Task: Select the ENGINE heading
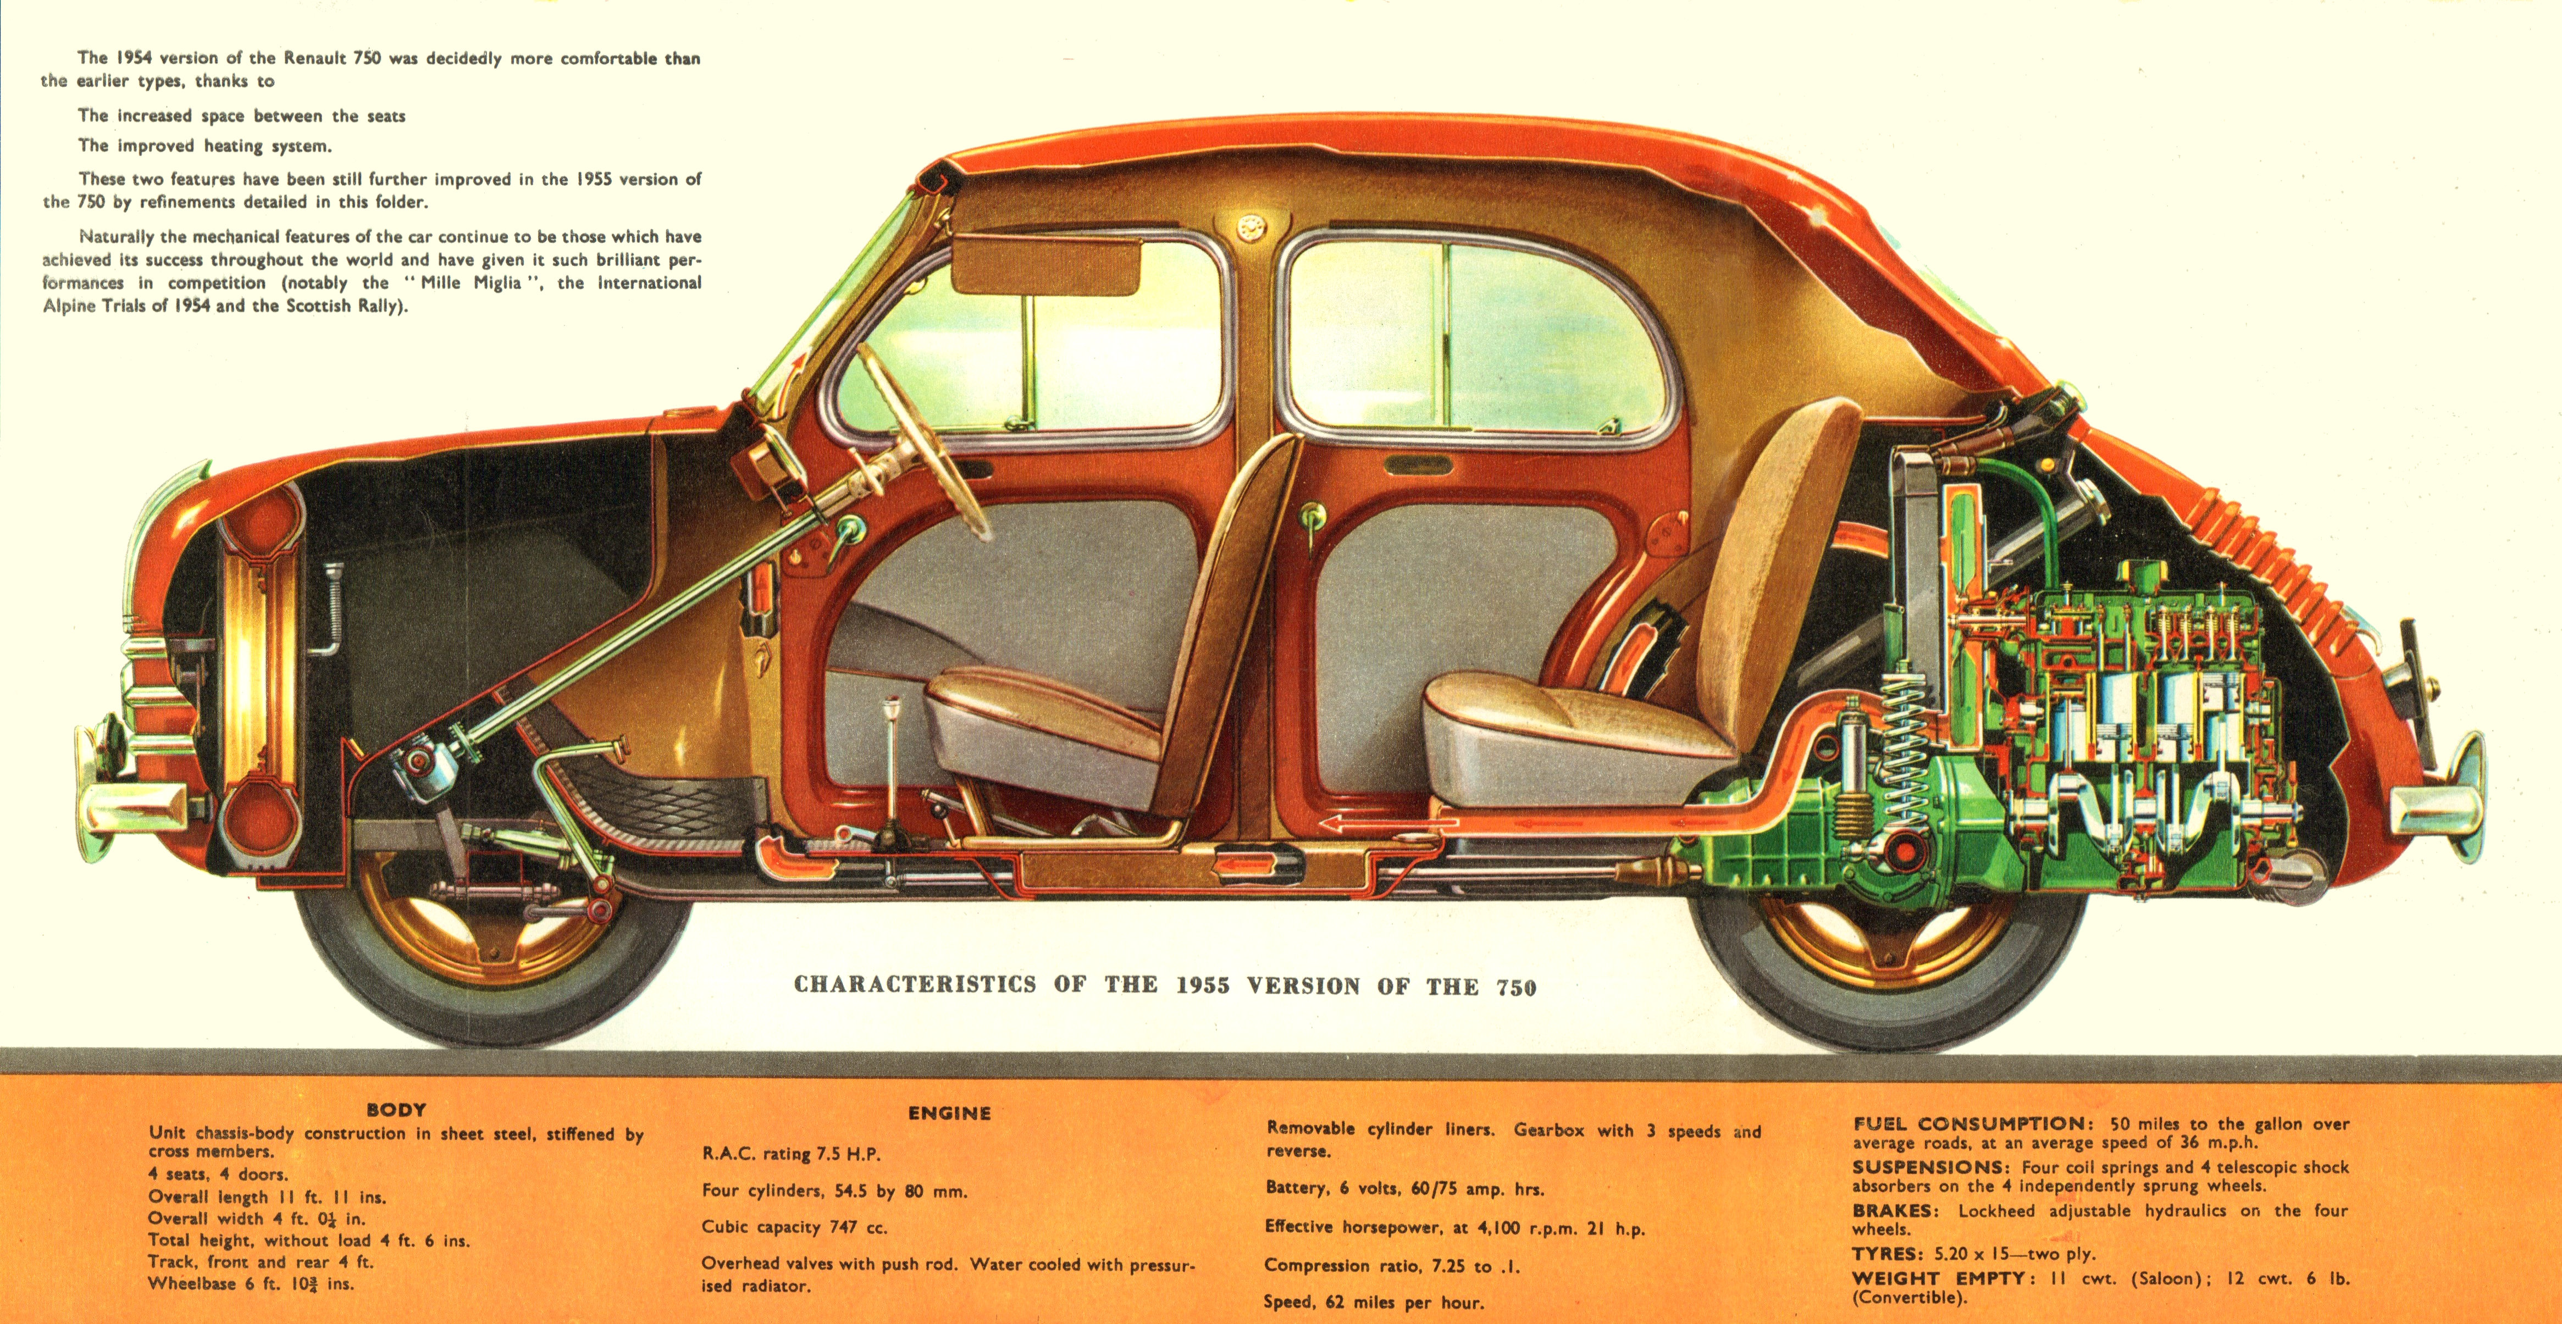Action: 949,1113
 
